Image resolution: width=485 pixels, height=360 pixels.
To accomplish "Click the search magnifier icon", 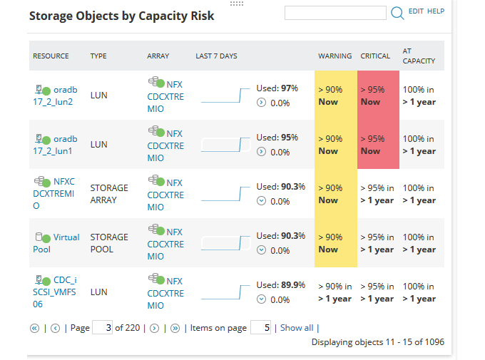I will click(397, 12).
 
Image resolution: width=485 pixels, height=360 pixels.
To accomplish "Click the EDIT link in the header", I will click(416, 11).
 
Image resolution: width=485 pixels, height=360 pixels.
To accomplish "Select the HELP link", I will click(436, 11).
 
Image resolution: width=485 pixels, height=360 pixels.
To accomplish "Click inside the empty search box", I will click(335, 13).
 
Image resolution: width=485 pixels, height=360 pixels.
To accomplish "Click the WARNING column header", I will click(335, 56).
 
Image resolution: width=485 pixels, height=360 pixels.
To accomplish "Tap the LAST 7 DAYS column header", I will click(216, 56).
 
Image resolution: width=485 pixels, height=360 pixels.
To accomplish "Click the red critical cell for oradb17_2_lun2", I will click(377, 96).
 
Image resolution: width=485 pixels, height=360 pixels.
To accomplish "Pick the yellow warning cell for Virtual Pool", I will click(335, 243).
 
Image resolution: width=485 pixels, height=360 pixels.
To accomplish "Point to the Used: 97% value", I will click(277, 88).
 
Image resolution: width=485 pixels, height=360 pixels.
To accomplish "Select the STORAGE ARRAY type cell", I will click(109, 194).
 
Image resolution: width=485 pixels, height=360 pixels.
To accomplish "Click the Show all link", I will click(296, 328).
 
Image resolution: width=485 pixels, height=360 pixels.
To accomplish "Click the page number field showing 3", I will click(103, 328).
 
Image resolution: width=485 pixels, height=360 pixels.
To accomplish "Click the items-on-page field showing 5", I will click(261, 328).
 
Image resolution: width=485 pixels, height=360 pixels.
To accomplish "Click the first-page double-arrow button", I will click(34, 329).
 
